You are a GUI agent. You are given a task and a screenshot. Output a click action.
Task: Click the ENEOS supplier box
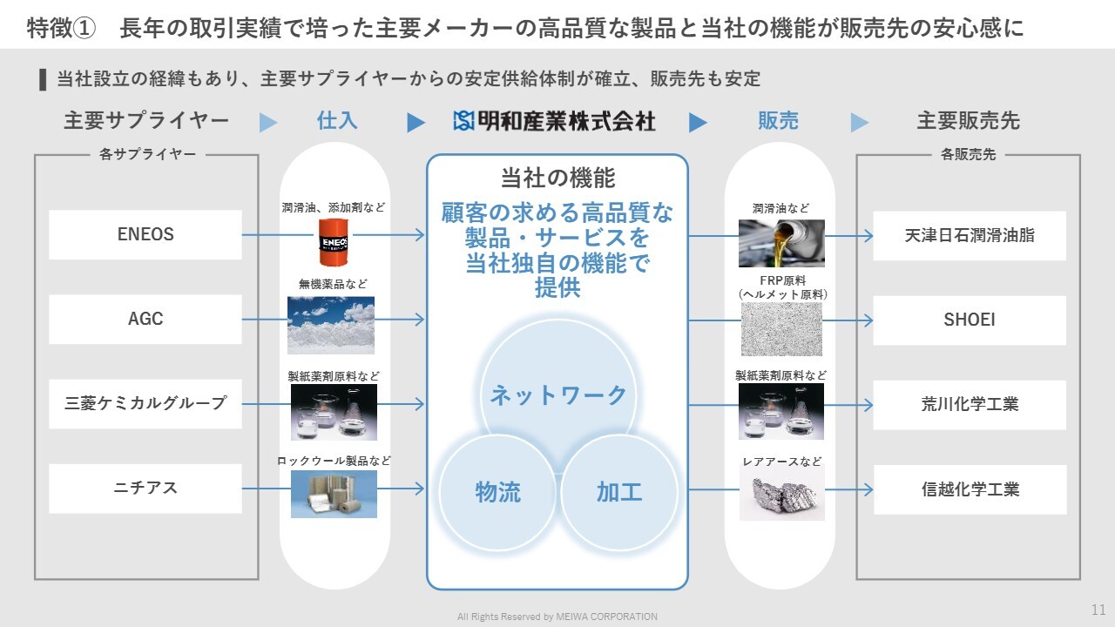(x=145, y=234)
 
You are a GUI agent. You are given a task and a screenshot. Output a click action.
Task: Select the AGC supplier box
(x=145, y=319)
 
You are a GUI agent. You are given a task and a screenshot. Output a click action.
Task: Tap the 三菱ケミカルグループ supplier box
(x=145, y=403)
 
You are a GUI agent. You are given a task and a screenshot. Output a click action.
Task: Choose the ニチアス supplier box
(x=145, y=489)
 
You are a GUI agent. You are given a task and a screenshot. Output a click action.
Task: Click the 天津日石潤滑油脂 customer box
(x=970, y=235)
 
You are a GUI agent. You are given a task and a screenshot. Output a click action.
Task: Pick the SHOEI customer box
(x=970, y=320)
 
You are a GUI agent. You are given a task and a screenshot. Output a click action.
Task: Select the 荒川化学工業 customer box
(x=970, y=405)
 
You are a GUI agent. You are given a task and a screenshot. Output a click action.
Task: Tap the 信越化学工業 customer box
(x=970, y=489)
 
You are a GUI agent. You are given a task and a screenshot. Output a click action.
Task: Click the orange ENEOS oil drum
(x=334, y=242)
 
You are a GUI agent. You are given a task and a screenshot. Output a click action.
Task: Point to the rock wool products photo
(x=334, y=494)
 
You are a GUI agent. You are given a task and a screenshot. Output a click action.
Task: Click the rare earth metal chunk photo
(x=782, y=493)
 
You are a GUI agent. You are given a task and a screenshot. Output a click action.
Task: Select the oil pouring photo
(x=781, y=243)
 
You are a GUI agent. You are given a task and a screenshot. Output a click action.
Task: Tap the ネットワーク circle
(x=558, y=395)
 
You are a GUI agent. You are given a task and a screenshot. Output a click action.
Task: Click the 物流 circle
(x=497, y=492)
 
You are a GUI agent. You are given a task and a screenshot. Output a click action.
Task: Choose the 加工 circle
(x=618, y=492)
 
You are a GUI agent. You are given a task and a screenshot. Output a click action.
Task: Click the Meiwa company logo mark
(x=463, y=121)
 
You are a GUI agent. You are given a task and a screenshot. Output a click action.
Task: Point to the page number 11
(x=1098, y=610)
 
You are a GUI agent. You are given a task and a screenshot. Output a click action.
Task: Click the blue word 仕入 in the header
(x=337, y=121)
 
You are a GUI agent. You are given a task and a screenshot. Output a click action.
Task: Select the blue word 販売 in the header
(x=778, y=121)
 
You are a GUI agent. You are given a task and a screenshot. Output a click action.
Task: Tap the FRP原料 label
(x=782, y=280)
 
